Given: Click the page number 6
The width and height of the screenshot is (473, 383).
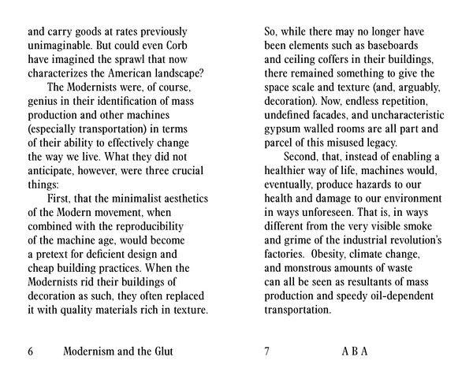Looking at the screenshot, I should [31, 351].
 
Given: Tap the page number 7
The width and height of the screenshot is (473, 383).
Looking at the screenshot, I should [267, 351].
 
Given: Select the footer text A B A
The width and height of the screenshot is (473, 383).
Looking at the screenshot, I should [355, 351].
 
